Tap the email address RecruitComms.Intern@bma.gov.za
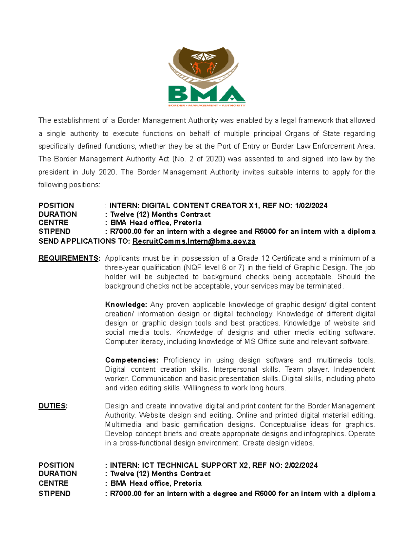[194, 241]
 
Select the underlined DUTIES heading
[52, 406]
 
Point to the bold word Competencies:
[131, 360]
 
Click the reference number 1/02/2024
[311, 206]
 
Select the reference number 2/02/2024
[301, 465]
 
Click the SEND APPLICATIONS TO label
[84, 241]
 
